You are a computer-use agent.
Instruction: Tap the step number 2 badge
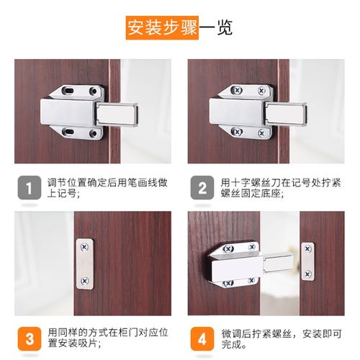(202, 189)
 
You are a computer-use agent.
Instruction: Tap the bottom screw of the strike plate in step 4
(308, 274)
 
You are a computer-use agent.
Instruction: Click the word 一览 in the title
(216, 29)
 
